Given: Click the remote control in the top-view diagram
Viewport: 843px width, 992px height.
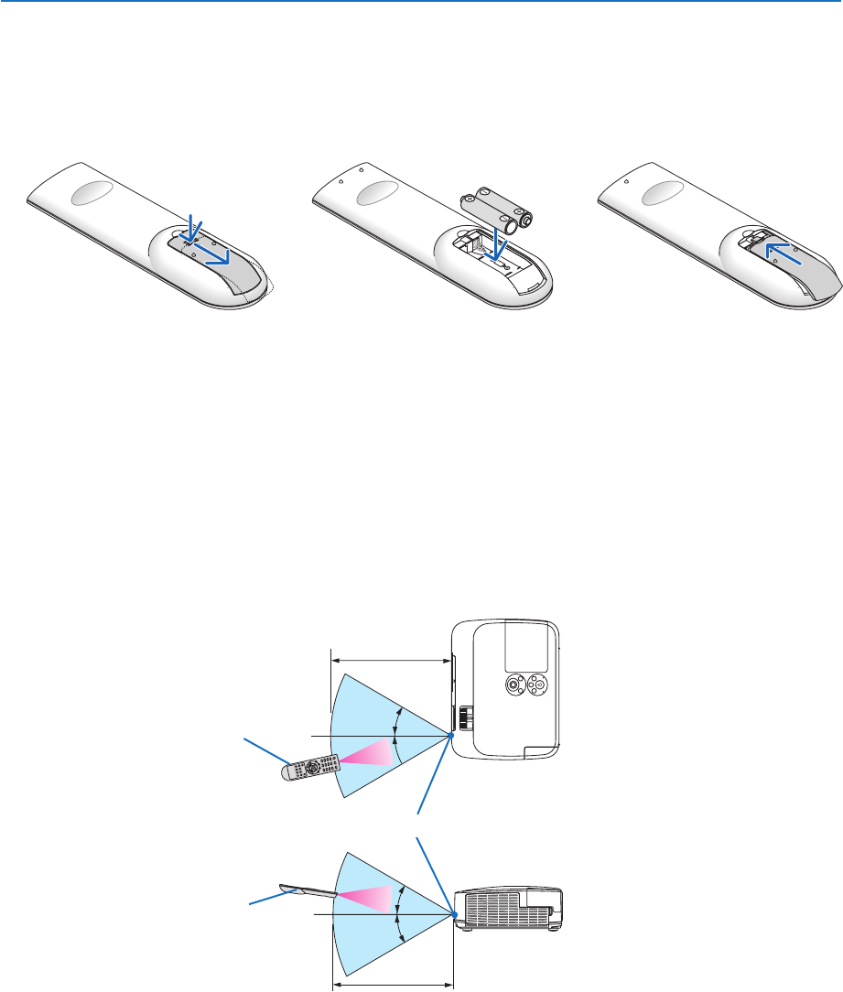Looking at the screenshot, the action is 310,767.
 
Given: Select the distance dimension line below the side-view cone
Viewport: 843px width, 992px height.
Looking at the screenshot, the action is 392,985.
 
